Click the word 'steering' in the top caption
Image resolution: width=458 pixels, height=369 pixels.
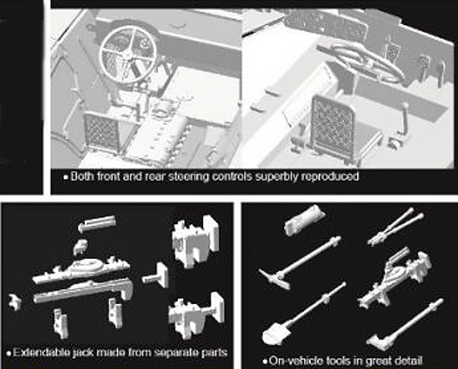point(189,177)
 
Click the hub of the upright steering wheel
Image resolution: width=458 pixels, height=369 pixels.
point(127,52)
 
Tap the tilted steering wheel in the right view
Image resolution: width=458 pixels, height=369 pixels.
point(362,62)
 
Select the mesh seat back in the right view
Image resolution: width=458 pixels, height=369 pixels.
point(332,126)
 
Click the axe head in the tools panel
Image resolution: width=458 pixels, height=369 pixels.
point(379,342)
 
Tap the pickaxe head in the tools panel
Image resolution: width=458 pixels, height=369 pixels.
point(274,279)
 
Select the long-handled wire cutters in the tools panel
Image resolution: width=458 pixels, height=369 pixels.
point(396,227)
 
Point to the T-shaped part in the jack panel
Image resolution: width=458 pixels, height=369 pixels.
point(157,276)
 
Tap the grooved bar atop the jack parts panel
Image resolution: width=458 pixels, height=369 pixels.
point(97,223)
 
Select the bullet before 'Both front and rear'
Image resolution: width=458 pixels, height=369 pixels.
point(66,177)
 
